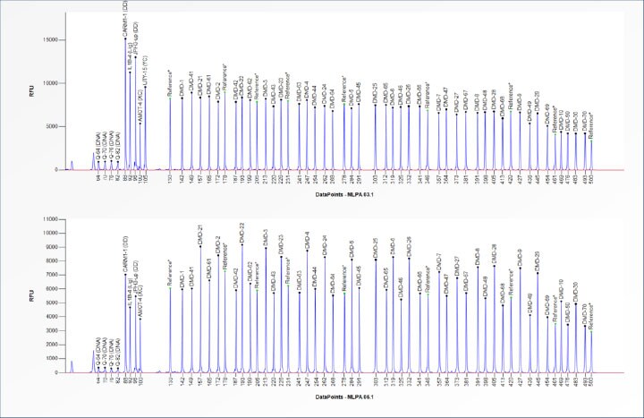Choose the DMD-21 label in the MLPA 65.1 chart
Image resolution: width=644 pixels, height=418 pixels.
[x=199, y=232]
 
